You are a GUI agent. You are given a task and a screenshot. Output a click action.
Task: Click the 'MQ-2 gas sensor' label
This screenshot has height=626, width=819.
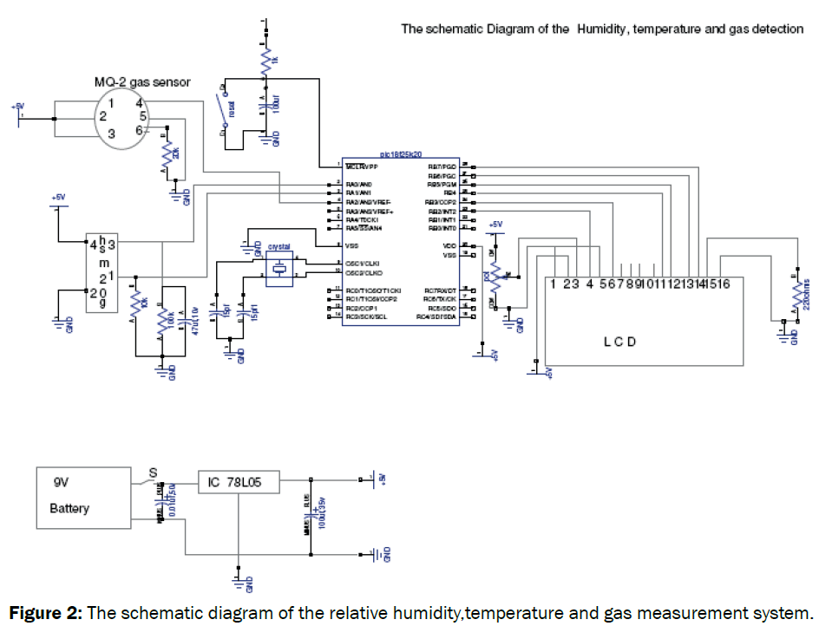tap(142, 82)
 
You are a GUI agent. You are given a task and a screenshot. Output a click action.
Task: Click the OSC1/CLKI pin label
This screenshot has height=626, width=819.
tap(363, 263)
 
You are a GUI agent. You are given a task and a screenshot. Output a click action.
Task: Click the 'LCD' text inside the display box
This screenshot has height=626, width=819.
tap(619, 341)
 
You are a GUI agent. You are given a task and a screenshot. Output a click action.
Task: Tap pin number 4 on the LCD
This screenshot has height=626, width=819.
tap(589, 283)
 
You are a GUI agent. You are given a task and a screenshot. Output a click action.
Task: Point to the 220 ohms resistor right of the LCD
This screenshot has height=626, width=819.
tap(796, 294)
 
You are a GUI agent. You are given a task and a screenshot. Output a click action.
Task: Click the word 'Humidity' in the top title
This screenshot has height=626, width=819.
tap(600, 29)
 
